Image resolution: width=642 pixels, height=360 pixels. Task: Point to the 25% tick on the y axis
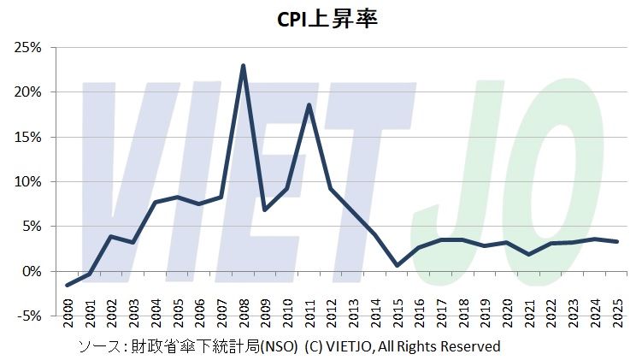(x=28, y=47)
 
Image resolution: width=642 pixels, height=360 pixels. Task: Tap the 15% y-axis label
(x=28, y=137)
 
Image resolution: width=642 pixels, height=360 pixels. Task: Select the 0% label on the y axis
(x=32, y=271)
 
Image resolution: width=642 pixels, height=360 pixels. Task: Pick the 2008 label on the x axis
(x=244, y=307)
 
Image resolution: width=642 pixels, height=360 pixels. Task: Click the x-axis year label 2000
(x=69, y=307)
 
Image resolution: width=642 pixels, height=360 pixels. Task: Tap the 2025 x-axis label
(x=615, y=307)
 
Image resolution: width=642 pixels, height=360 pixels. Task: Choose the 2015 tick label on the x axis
(x=397, y=307)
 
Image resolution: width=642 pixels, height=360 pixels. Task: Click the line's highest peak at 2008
(x=244, y=65)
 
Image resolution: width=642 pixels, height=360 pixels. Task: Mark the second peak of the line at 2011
(x=309, y=104)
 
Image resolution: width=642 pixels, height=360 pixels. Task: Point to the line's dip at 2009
(x=265, y=210)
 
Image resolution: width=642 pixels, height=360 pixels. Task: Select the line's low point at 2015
(x=397, y=265)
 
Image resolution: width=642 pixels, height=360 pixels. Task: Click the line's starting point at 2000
(x=68, y=285)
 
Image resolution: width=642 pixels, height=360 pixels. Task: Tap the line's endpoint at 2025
(x=615, y=242)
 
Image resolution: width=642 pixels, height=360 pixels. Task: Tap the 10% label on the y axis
(x=28, y=181)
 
